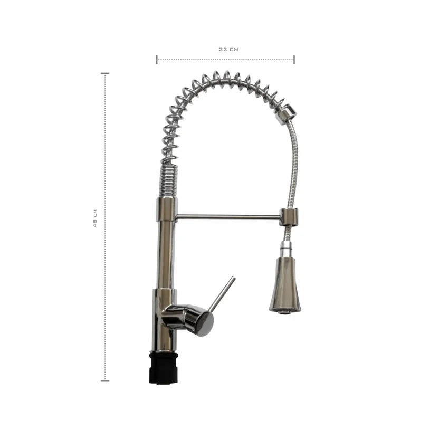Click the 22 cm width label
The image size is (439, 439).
229,49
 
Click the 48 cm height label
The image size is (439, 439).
95,218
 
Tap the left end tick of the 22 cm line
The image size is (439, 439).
157,59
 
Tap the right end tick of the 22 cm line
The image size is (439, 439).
294,59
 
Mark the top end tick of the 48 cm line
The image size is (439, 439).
105,73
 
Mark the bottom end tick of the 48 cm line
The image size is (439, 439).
105,381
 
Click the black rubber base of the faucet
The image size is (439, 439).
164,368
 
